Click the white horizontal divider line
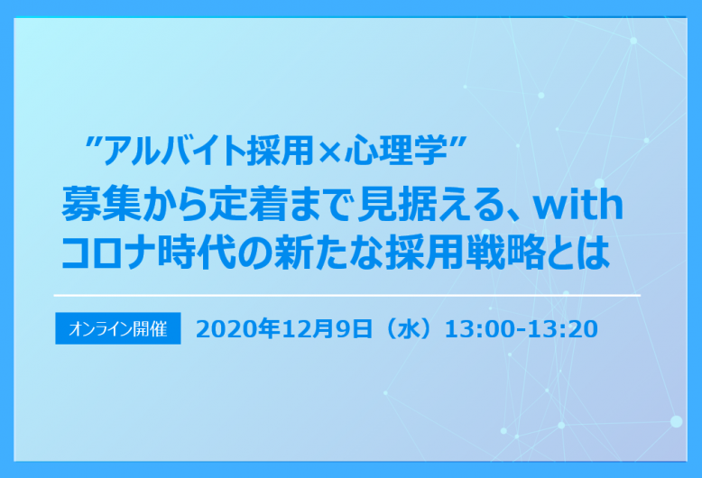coord(347,295)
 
